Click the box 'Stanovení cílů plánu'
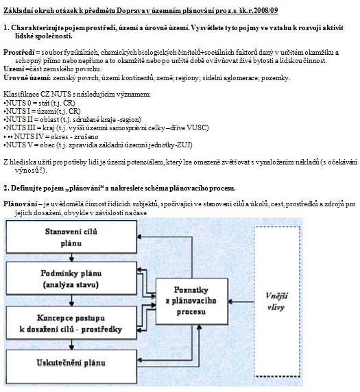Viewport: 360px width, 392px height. tap(71, 236)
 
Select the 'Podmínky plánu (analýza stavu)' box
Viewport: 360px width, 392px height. tap(71, 278)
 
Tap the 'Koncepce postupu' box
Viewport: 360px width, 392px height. tap(71, 323)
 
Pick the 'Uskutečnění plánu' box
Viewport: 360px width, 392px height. tap(71, 367)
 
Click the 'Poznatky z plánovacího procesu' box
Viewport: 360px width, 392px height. tap(192, 302)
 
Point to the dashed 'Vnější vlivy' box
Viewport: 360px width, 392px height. tap(277, 302)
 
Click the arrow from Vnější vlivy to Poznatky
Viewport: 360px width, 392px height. tap(241, 302)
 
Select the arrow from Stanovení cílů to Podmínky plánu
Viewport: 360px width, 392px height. tap(71, 258)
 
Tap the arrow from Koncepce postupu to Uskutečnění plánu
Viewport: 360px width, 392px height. tap(71, 345)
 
